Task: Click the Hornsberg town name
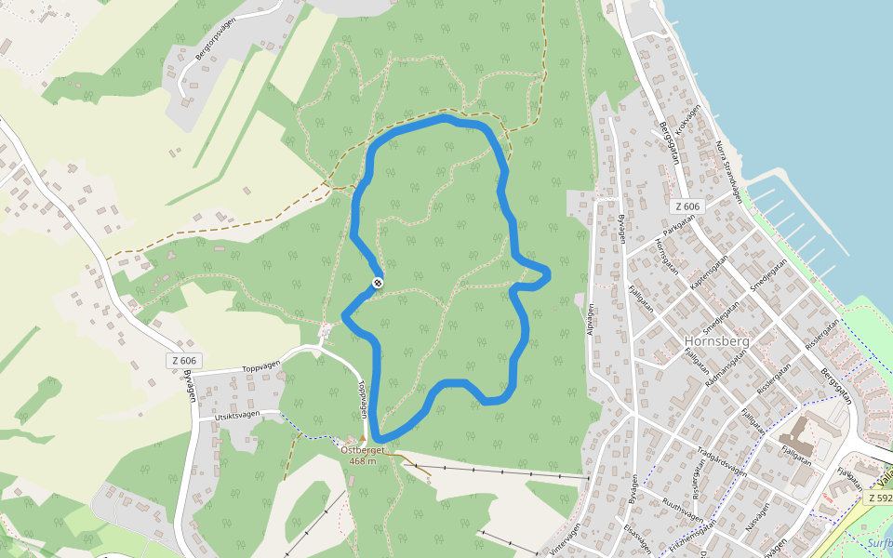(x=716, y=340)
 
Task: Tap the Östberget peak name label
(x=362, y=450)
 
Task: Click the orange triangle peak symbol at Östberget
(x=363, y=437)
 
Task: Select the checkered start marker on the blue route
(x=378, y=283)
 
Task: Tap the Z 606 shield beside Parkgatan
(x=687, y=206)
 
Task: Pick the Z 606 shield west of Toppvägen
(x=184, y=361)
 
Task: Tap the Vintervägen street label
(x=566, y=538)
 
